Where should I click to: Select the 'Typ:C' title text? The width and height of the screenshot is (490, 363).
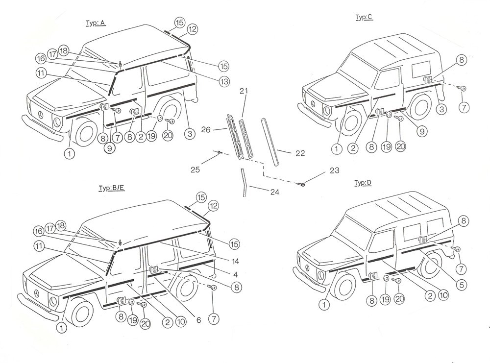[364, 17]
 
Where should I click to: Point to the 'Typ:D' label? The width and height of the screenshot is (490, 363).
[363, 183]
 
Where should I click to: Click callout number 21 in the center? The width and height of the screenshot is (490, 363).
[244, 91]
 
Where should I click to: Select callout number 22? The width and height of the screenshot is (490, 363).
[300, 153]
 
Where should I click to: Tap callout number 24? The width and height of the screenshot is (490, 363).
[274, 193]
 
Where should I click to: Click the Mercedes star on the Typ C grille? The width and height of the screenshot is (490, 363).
[312, 104]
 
